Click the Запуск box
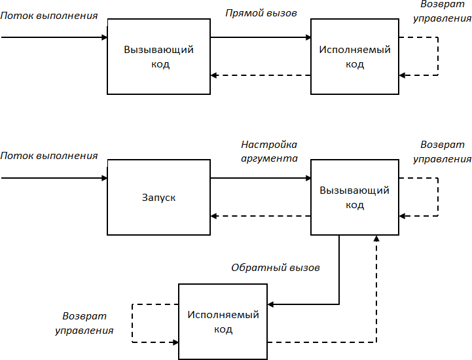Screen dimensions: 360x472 [x=158, y=197]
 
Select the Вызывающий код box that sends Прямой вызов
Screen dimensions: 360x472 [x=158, y=56]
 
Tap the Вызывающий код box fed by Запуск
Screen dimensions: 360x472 [x=354, y=197]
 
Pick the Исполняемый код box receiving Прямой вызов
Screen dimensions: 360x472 [x=354, y=56]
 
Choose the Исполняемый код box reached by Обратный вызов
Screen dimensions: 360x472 [x=223, y=321]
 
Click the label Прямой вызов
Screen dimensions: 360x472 [x=261, y=12]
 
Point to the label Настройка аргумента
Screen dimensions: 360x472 [x=269, y=151]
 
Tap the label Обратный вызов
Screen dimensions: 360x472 [x=276, y=268]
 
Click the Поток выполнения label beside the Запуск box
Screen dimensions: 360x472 [x=49, y=156]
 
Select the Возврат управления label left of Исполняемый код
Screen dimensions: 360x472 [x=84, y=323]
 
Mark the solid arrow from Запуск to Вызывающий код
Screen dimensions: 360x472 [x=261, y=178]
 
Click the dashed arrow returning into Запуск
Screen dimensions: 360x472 [x=261, y=216]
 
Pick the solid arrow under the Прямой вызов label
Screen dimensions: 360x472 [x=261, y=37]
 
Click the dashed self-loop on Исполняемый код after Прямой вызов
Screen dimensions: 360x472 [x=437, y=56]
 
